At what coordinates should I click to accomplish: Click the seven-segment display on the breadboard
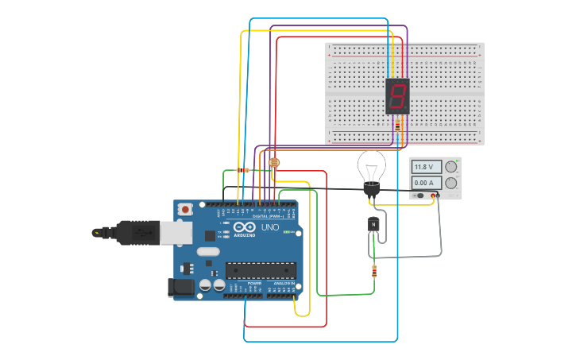(397, 96)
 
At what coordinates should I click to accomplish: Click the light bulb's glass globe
(371, 166)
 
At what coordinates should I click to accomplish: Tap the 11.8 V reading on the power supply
(427, 167)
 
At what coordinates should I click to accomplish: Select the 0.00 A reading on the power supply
(427, 184)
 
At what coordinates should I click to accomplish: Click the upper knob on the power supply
(451, 167)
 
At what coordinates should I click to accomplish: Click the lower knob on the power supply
(451, 184)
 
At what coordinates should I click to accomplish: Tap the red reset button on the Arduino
(185, 210)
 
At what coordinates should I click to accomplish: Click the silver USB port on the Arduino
(175, 232)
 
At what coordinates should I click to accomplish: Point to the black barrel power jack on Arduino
(182, 287)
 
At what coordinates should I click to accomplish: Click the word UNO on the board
(270, 227)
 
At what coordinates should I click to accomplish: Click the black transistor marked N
(373, 225)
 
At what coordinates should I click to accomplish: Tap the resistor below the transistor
(374, 272)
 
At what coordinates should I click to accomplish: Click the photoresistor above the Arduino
(275, 163)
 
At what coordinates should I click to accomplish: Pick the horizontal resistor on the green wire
(244, 170)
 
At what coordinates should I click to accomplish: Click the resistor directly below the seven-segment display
(397, 126)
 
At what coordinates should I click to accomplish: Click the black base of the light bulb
(371, 189)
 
